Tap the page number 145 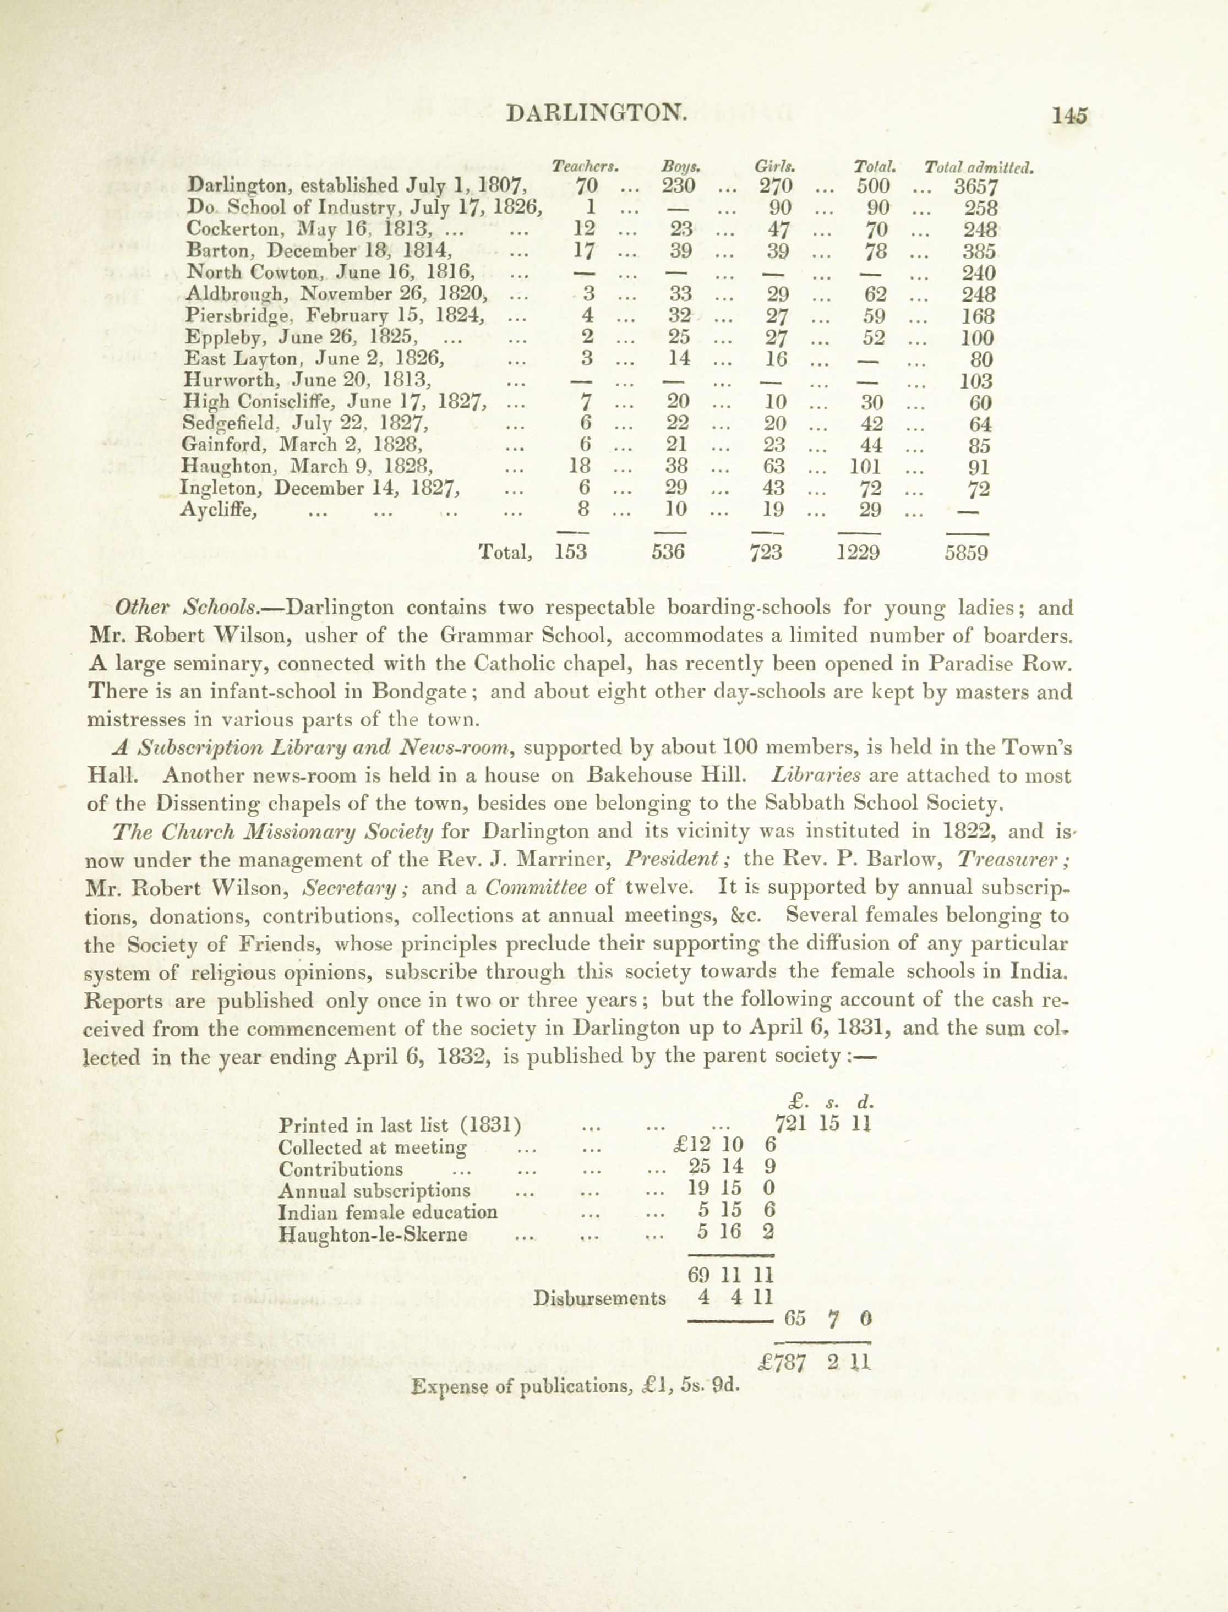pos(1069,114)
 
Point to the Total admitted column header pos(979,167)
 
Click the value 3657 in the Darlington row pos(976,187)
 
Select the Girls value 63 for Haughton pos(773,466)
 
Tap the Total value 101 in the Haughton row pos(867,466)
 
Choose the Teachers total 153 pos(570,551)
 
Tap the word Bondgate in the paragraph pos(419,691)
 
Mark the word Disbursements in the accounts pos(599,1298)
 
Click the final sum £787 pos(782,1363)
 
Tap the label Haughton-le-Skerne pos(373,1235)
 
